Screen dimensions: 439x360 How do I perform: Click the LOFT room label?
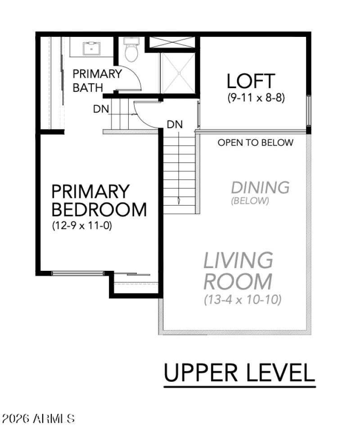click(251, 81)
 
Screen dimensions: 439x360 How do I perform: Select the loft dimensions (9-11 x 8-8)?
click(256, 98)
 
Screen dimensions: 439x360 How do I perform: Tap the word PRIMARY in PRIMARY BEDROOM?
click(84, 192)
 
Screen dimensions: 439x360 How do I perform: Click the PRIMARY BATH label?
click(97, 81)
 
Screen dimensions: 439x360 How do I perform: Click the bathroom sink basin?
click(91, 46)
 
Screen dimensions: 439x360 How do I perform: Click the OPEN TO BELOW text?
click(255, 143)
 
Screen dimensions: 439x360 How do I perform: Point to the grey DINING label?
click(260, 187)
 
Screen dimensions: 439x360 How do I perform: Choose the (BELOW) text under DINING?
click(250, 201)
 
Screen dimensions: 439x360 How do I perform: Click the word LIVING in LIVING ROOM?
click(238, 260)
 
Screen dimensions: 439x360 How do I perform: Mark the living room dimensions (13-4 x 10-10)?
click(242, 300)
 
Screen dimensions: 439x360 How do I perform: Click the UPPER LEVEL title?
click(239, 373)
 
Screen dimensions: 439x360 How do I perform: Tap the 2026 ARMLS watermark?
click(38, 419)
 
